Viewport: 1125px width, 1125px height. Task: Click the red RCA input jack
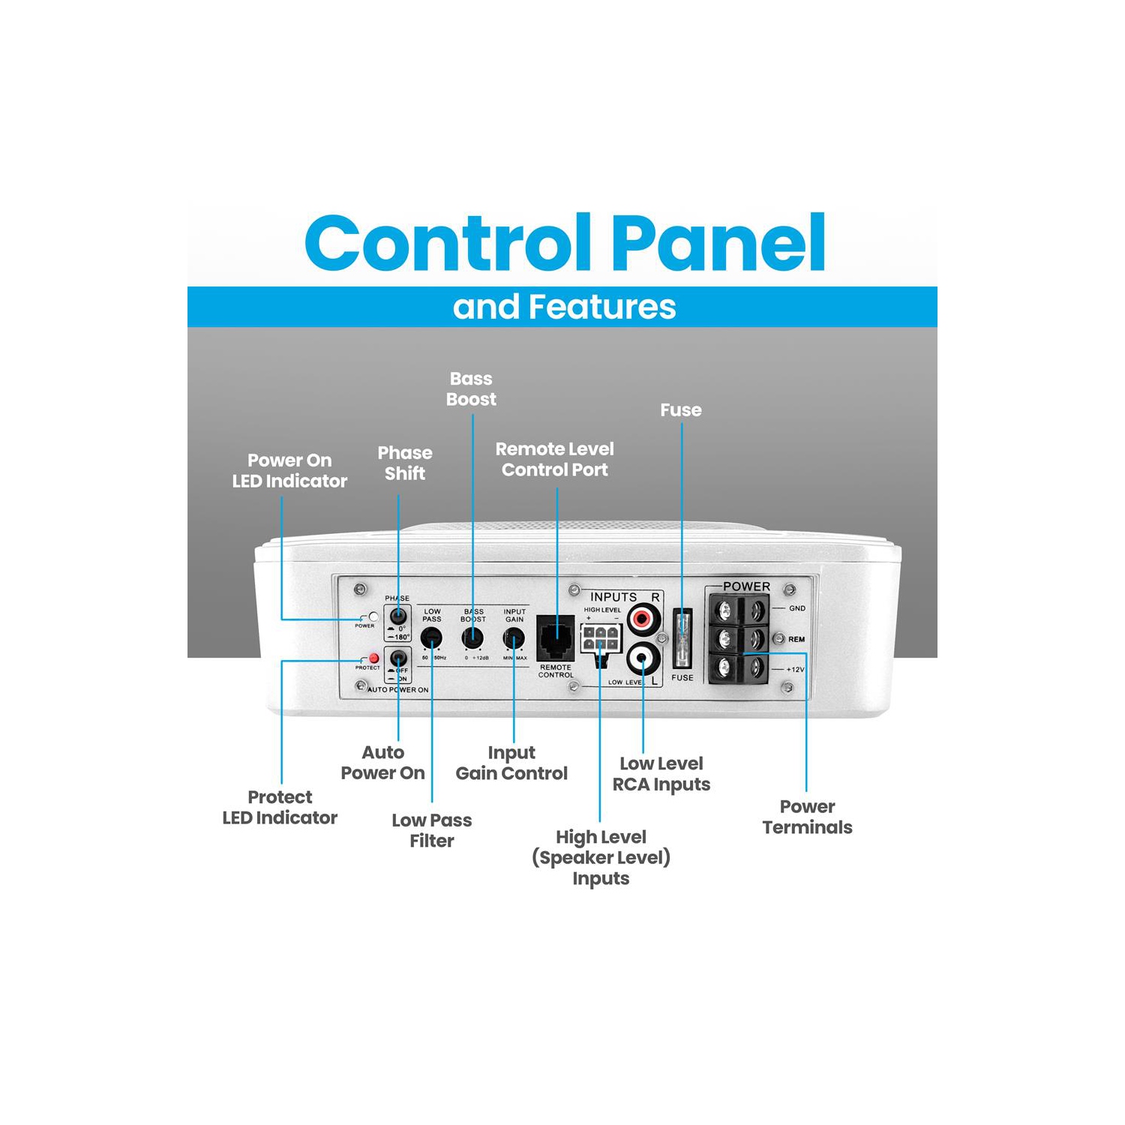pyautogui.click(x=642, y=619)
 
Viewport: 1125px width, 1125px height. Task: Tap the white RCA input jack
pyautogui.click(x=643, y=659)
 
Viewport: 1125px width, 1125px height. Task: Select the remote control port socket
pyautogui.click(x=556, y=638)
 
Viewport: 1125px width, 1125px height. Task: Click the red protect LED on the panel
pyautogui.click(x=373, y=658)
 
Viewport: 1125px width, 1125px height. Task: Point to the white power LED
pyautogui.click(x=373, y=616)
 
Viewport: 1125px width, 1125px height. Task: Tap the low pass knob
pyautogui.click(x=431, y=638)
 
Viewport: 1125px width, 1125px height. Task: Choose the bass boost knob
pyautogui.click(x=472, y=638)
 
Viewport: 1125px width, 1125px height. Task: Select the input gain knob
pyautogui.click(x=514, y=638)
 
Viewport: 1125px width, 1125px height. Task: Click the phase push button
pyautogui.click(x=397, y=616)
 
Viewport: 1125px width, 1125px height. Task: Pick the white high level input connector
pyautogui.click(x=601, y=639)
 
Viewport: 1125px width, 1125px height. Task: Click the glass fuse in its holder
pyautogui.click(x=682, y=637)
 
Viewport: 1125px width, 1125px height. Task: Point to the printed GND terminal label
pyautogui.click(x=796, y=608)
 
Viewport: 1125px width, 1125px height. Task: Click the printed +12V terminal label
pyautogui.click(x=795, y=669)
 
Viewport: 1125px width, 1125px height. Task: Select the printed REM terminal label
pyautogui.click(x=796, y=639)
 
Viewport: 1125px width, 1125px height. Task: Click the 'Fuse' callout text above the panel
pyautogui.click(x=681, y=410)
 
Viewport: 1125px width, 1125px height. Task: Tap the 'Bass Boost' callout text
pyautogui.click(x=471, y=389)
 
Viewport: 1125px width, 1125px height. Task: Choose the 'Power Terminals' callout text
pyautogui.click(x=807, y=817)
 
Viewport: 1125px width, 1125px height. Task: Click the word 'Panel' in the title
pyautogui.click(x=719, y=243)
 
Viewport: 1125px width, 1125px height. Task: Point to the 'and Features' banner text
pyautogui.click(x=564, y=307)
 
